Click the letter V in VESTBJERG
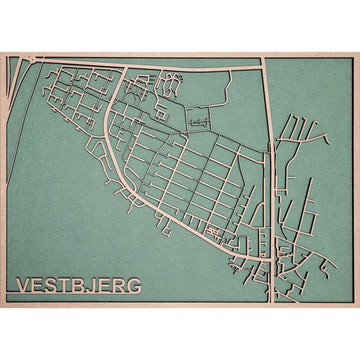tap(24, 286)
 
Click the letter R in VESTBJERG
tap(118, 286)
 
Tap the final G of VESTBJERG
tap(133, 286)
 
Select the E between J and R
tap(104, 286)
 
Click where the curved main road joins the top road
tap(124, 69)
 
